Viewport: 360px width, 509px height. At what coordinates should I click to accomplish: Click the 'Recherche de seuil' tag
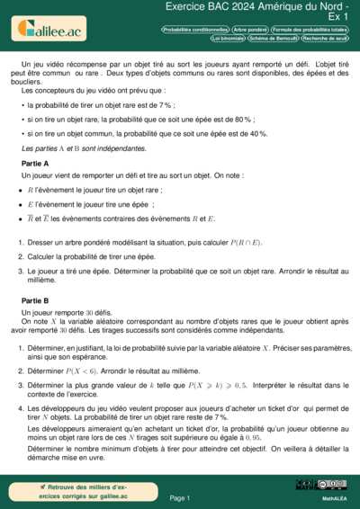click(324, 39)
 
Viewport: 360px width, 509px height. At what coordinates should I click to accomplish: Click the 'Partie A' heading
click(35, 163)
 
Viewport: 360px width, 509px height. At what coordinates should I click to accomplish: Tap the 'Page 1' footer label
click(179, 497)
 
